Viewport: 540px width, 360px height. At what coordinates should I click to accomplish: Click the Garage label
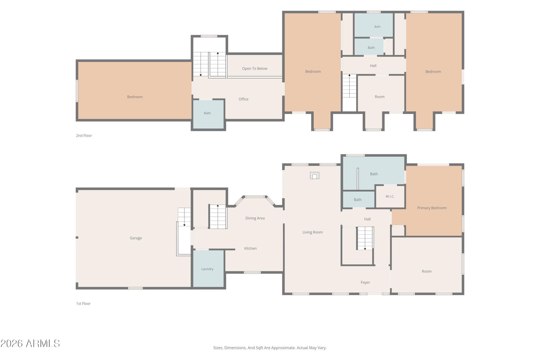click(136, 238)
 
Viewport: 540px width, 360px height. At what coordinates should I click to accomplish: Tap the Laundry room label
click(207, 269)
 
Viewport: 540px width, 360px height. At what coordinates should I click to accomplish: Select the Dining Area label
click(255, 218)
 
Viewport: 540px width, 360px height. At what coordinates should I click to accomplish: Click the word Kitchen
click(250, 248)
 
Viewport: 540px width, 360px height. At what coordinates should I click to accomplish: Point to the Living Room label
click(313, 232)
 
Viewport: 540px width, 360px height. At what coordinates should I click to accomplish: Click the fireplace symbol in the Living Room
click(315, 175)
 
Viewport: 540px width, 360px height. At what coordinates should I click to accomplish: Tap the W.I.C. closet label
click(390, 196)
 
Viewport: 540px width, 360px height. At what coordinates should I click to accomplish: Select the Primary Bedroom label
click(432, 208)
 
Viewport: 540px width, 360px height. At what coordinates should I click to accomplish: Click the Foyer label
click(365, 282)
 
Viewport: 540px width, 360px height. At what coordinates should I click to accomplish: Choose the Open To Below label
click(254, 69)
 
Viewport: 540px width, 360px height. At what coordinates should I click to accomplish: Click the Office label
click(243, 99)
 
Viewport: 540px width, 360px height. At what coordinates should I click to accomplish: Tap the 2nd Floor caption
click(84, 136)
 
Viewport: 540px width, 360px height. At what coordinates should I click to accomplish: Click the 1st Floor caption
click(83, 304)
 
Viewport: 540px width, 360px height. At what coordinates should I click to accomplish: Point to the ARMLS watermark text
click(30, 343)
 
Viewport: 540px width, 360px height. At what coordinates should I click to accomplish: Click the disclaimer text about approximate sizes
click(270, 348)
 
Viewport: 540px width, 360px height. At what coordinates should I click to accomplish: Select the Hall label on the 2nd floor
click(373, 66)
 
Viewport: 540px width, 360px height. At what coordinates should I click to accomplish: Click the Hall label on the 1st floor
click(368, 219)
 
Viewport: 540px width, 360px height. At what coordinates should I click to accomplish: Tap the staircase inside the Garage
click(184, 217)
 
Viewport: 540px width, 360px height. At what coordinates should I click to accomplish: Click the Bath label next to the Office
click(207, 113)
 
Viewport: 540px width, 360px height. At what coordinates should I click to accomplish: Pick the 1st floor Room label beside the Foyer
click(427, 272)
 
